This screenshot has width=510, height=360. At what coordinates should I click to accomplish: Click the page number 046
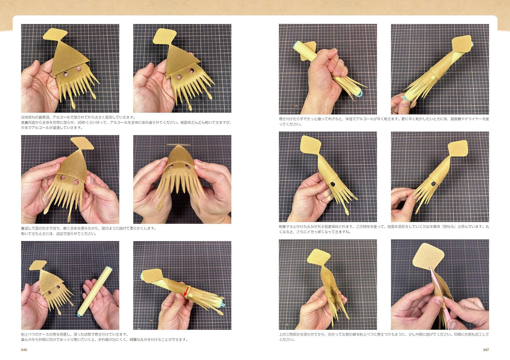tap(24, 350)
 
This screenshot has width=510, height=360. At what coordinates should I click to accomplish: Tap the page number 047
tap(486, 350)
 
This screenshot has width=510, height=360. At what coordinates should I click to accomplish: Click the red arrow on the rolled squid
tap(186, 292)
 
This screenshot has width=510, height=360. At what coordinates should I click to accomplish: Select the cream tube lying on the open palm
tap(95, 292)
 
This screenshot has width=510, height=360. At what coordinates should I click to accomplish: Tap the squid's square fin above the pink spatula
tap(428, 256)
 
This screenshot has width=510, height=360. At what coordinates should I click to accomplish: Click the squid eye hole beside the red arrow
tap(190, 295)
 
